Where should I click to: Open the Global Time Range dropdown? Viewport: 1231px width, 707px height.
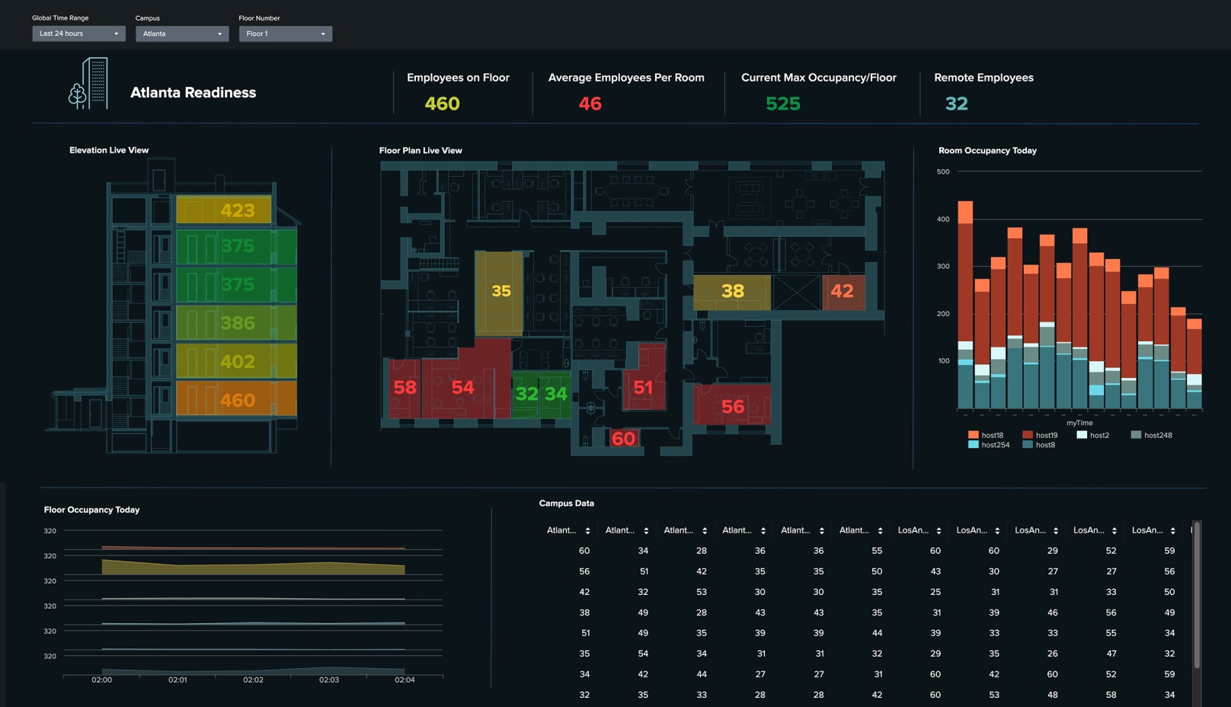coord(78,34)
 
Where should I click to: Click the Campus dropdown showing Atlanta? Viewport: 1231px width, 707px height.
coord(182,34)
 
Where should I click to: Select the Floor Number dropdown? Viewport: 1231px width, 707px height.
coord(285,34)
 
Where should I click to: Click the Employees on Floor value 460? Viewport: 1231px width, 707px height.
coord(442,104)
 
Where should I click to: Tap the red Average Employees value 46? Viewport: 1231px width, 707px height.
coord(590,104)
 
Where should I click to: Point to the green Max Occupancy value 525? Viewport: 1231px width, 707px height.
coord(782,104)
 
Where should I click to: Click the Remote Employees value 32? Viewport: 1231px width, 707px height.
coord(956,104)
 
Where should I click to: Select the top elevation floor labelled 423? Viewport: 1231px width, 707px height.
coord(237,210)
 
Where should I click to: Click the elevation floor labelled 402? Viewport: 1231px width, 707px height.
coord(237,361)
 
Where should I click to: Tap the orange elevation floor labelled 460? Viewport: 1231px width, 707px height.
coord(237,399)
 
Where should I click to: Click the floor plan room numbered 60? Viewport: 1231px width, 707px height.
coord(623,438)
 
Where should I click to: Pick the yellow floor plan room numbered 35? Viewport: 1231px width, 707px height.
coord(500,291)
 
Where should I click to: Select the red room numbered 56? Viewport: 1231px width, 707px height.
coord(732,406)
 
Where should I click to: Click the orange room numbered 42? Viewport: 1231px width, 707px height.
coord(842,291)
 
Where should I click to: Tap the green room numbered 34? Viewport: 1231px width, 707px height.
coord(556,394)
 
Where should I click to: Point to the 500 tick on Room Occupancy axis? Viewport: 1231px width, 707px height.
coord(943,171)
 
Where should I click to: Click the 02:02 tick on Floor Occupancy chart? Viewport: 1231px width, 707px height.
coord(253,680)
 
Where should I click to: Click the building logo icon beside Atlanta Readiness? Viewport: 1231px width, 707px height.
coord(89,84)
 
